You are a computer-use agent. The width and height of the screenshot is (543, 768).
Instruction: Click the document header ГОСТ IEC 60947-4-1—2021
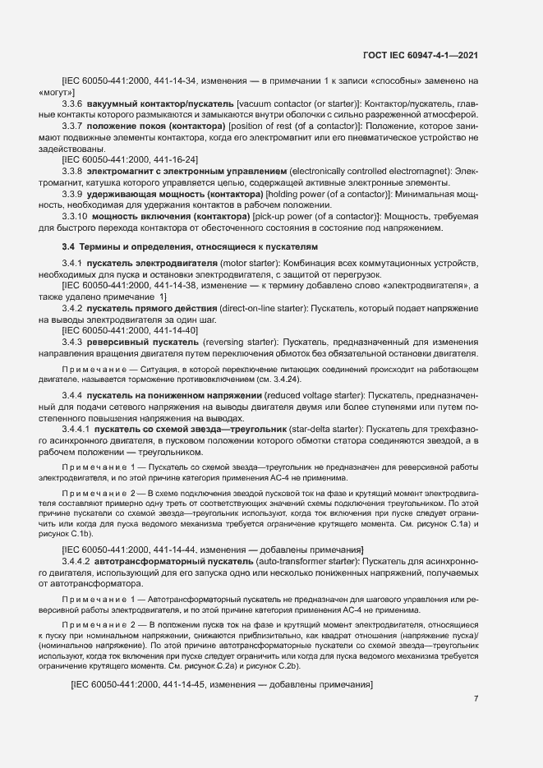421,55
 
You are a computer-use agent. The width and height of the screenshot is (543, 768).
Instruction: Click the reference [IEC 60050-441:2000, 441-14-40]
130,329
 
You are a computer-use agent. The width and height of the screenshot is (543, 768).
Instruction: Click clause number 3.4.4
74,396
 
